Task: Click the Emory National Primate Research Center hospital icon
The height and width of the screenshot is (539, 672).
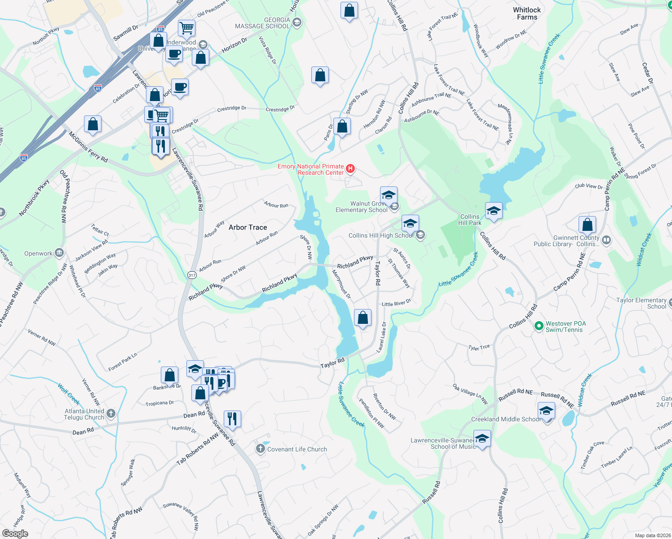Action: [350, 169]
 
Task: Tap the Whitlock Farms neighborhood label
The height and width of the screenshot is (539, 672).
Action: [527, 13]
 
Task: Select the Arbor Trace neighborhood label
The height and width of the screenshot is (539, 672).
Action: [248, 227]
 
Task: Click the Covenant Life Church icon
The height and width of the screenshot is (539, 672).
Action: [261, 449]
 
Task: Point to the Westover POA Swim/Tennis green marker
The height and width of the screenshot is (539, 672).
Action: [539, 326]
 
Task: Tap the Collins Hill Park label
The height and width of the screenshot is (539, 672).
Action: [470, 220]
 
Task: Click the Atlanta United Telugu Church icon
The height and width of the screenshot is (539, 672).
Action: [111, 413]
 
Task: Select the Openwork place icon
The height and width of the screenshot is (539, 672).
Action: [59, 253]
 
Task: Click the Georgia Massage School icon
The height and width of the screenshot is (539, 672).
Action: [296, 22]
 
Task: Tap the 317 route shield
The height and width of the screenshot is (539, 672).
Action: [192, 275]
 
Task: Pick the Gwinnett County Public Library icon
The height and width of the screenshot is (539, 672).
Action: [606, 240]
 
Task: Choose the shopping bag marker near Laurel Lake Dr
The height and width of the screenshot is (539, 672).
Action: [363, 318]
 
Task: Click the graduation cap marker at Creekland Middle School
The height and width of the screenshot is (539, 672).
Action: [546, 411]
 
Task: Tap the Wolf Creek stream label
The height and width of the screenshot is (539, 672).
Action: [69, 394]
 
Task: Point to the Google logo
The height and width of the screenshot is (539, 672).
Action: [15, 533]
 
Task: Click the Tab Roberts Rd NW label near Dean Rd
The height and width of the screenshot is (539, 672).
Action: [198, 449]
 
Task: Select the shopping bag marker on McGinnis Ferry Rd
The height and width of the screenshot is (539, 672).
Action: [93, 124]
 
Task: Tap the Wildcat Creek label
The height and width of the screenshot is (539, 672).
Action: [644, 250]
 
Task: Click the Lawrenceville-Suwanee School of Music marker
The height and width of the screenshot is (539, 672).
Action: [482, 439]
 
